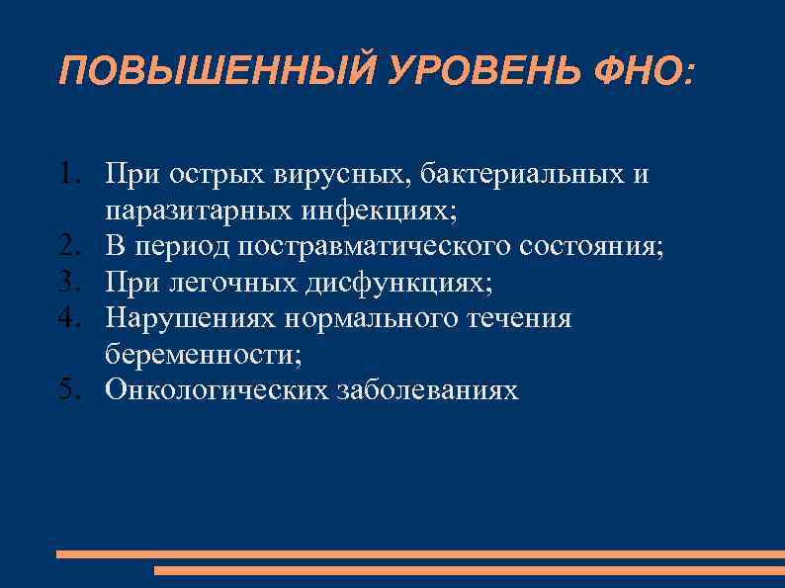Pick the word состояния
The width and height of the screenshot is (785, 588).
(x=590, y=247)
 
